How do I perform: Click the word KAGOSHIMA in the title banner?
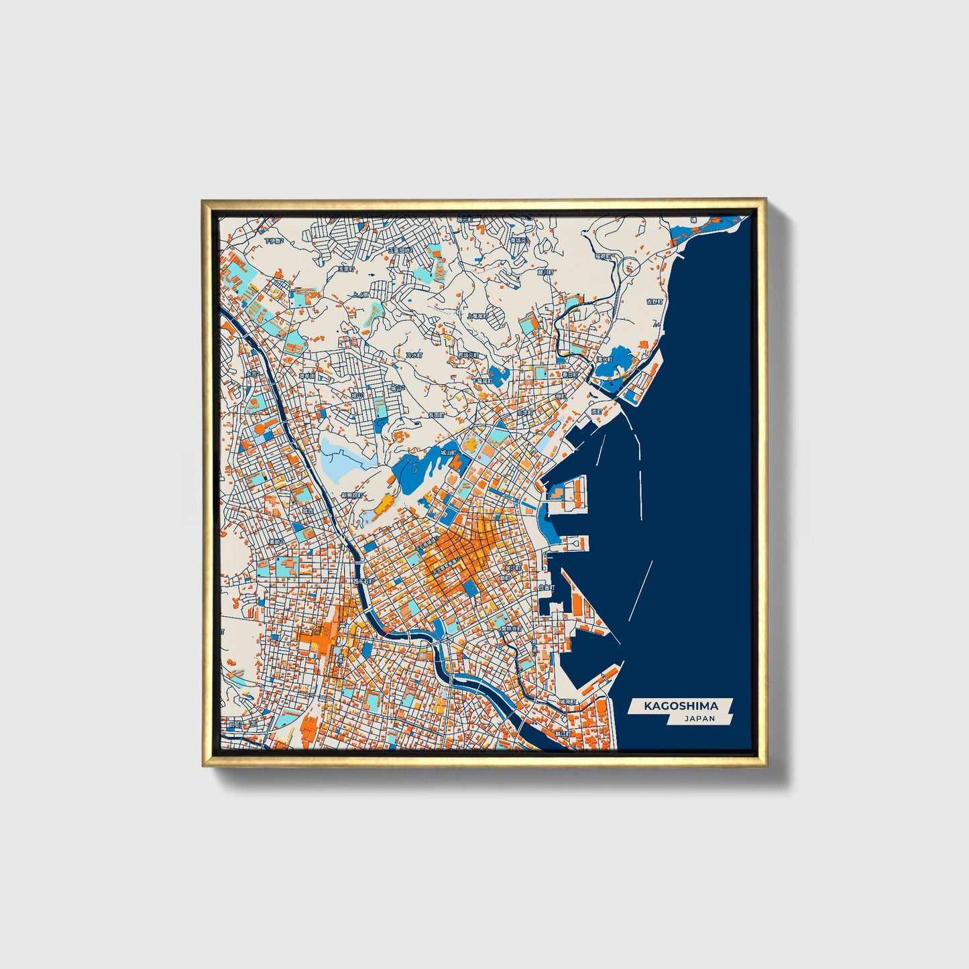pyautogui.click(x=681, y=706)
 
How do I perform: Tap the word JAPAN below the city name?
pyautogui.click(x=699, y=719)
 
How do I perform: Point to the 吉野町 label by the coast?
pyautogui.click(x=653, y=302)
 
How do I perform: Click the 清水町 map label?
pyautogui.click(x=605, y=360)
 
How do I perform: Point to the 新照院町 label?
pyautogui.click(x=351, y=496)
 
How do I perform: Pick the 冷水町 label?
pyautogui.click(x=415, y=355)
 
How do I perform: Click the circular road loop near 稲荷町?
pyautogui.click(x=631, y=268)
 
